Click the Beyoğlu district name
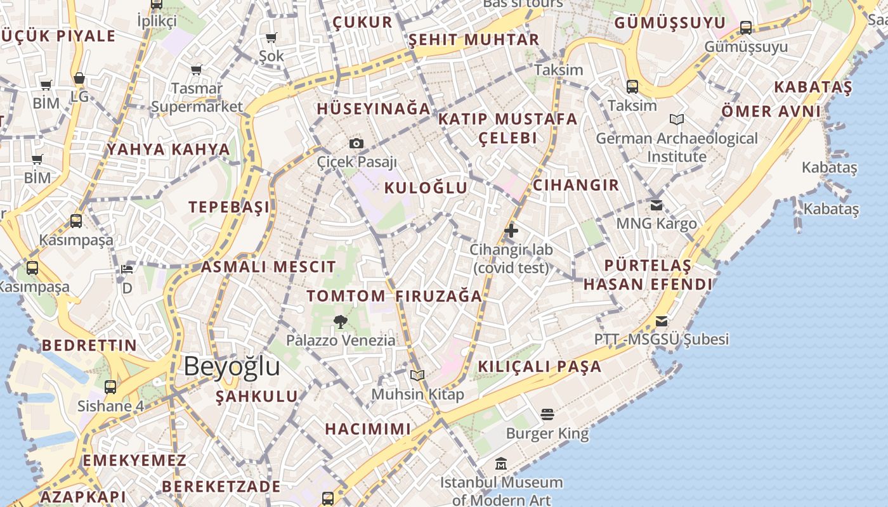pyautogui.click(x=232, y=367)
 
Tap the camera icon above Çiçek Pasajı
pyautogui.click(x=356, y=144)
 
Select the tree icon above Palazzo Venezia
pyautogui.click(x=340, y=321)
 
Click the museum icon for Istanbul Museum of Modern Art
pyautogui.click(x=501, y=464)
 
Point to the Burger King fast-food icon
pyautogui.click(x=547, y=415)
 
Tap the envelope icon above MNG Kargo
pyautogui.click(x=656, y=205)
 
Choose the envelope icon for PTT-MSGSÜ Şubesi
pyautogui.click(x=662, y=321)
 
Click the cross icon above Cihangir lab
pyautogui.click(x=511, y=231)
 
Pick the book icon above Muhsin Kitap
pyautogui.click(x=417, y=375)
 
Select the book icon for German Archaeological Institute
pyautogui.click(x=677, y=119)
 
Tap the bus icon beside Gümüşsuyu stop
pyautogui.click(x=746, y=28)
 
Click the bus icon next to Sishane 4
pyautogui.click(x=110, y=387)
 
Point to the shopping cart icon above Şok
pyautogui.click(x=271, y=37)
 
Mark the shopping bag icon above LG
pyautogui.click(x=79, y=78)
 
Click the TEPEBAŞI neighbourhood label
pyautogui.click(x=229, y=207)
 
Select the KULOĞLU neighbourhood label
pyautogui.click(x=426, y=188)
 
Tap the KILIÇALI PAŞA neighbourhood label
pyautogui.click(x=539, y=366)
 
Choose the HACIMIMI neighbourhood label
pyautogui.click(x=368, y=429)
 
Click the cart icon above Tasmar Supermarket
pyautogui.click(x=197, y=69)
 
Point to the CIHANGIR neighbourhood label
pyautogui.click(x=575, y=185)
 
